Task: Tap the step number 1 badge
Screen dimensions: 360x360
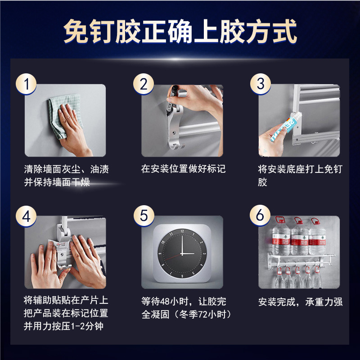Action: point(28,84)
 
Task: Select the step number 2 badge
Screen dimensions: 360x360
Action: point(144,84)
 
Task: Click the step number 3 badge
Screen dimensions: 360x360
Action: point(261,84)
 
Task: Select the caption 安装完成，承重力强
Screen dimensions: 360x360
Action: point(300,301)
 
